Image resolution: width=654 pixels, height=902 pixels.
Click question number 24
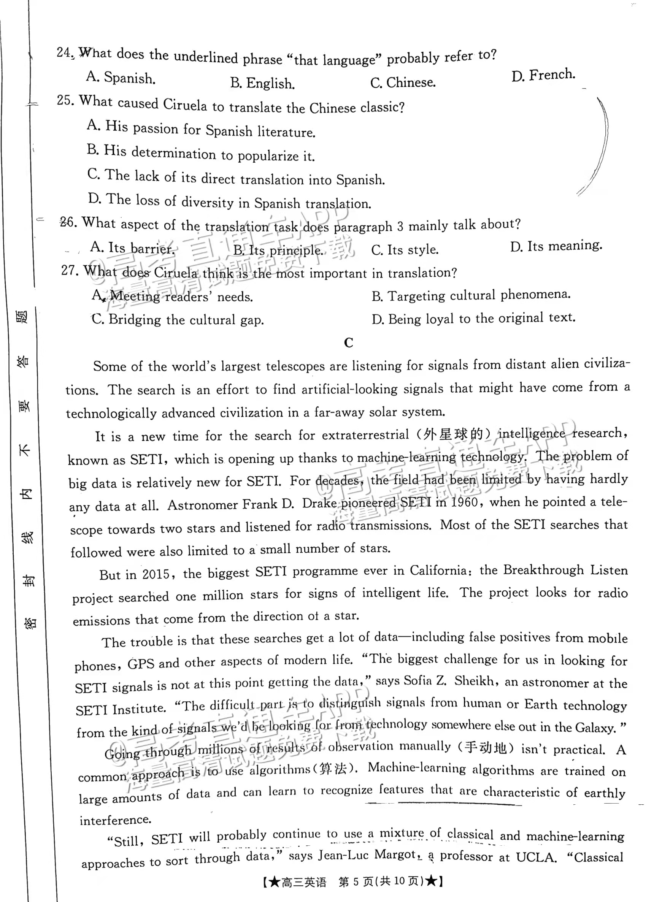[63, 52]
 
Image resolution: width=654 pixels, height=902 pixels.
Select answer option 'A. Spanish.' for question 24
[121, 77]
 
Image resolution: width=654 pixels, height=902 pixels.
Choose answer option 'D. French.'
[543, 75]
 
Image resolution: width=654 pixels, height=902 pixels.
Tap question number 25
[65, 100]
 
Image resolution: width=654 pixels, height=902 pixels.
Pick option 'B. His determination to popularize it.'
[201, 154]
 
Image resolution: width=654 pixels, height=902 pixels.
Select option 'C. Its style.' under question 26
[405, 250]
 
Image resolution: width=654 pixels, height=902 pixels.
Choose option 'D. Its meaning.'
[556, 246]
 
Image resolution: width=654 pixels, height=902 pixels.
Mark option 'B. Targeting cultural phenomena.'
[471, 295]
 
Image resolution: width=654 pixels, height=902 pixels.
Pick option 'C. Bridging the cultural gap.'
[178, 319]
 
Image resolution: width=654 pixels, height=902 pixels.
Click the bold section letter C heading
[348, 342]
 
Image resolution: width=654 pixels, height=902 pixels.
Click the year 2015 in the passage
[156, 574]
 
